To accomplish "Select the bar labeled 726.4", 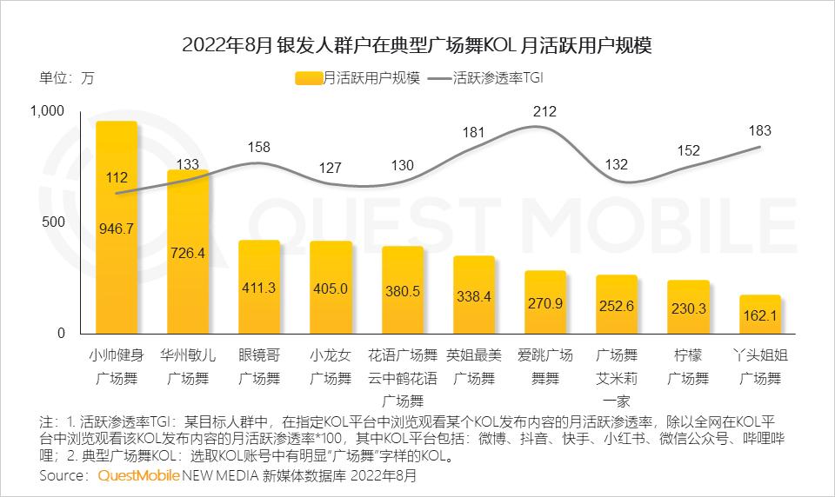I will tap(188, 252).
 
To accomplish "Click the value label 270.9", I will tap(545, 303).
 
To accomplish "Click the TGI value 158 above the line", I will tap(259, 148).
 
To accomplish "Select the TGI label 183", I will tap(760, 130).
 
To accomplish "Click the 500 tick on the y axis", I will tap(54, 222).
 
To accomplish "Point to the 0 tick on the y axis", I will tap(60, 334).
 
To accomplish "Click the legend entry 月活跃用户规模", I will tap(358, 77).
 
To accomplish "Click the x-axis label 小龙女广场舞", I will tap(331, 367).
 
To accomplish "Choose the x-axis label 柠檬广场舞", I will tap(688, 367).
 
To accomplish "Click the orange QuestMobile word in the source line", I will tap(138, 476).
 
